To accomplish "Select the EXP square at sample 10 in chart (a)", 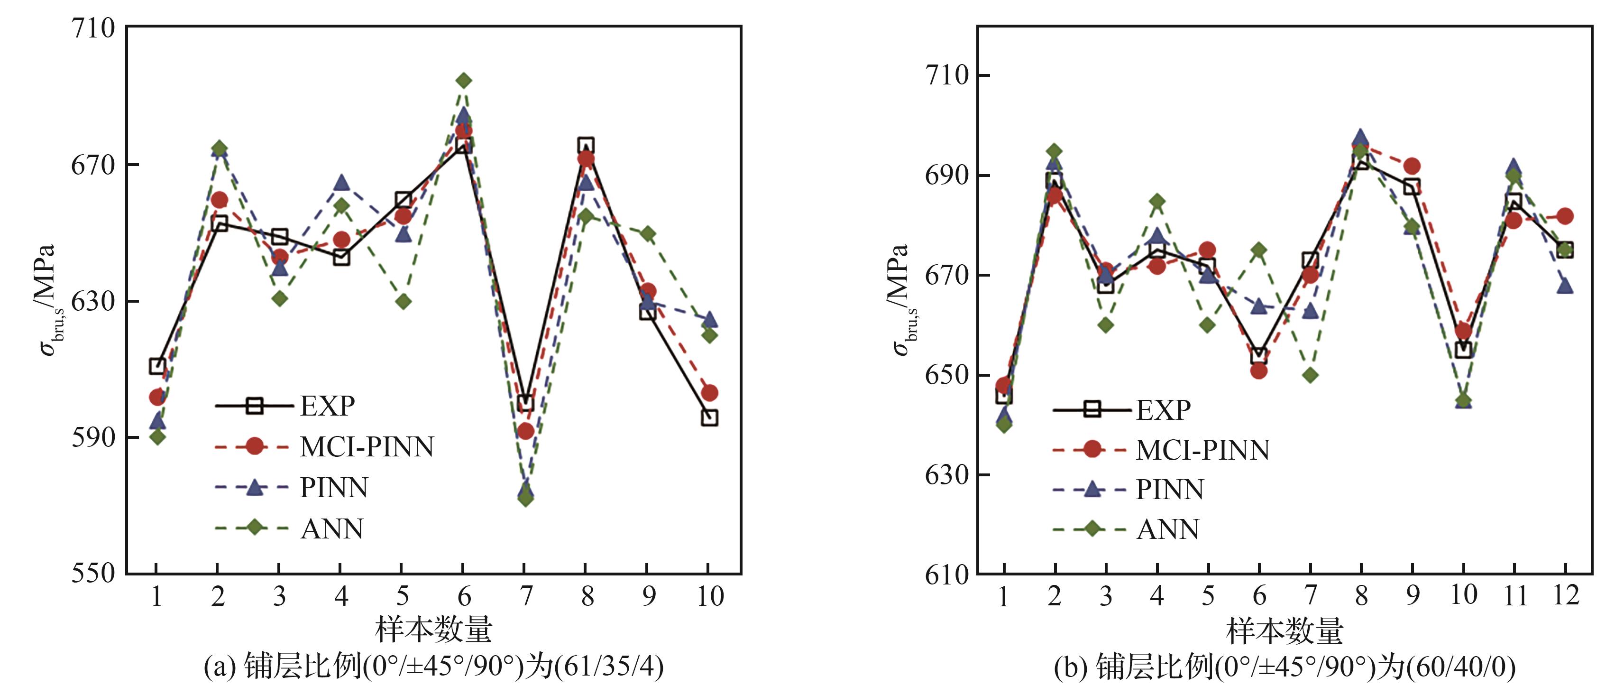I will point(709,417).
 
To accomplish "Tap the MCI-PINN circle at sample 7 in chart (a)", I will point(525,431).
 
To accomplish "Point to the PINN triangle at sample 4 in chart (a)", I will point(341,182).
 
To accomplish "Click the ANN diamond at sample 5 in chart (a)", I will point(404,301).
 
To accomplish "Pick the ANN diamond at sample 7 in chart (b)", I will point(1310,375).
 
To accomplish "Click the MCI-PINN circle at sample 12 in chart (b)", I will point(1565,216).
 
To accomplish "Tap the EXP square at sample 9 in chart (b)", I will point(1412,187).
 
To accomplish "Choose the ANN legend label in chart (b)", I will point(1167,529).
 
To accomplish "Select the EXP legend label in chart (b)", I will point(1163,410).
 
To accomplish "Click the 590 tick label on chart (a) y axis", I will point(92,437).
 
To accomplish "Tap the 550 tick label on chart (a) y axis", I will point(92,573).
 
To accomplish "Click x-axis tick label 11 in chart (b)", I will point(1514,596).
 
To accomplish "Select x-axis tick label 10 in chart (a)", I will point(709,596).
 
